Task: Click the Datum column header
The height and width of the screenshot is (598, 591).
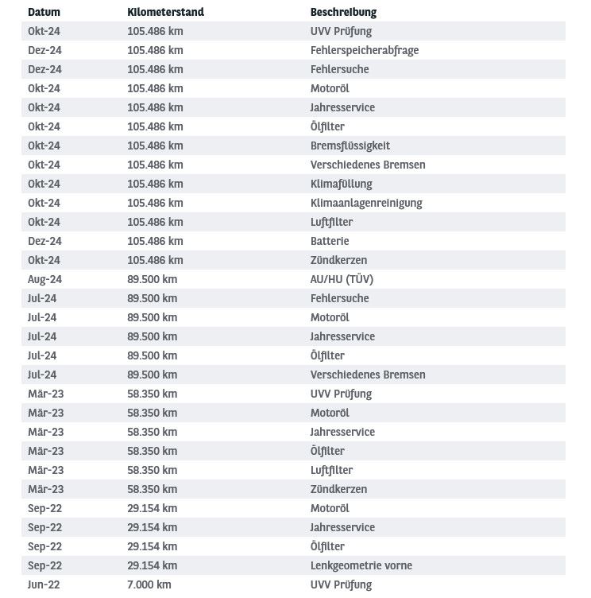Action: point(44,12)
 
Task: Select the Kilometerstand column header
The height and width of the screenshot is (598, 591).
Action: point(165,12)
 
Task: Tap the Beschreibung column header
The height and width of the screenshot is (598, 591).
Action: point(343,12)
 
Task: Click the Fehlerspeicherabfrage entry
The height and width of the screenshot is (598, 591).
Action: point(364,50)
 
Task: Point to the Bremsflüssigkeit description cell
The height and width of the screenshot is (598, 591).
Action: point(350,146)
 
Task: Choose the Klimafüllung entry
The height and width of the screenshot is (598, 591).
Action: point(341,184)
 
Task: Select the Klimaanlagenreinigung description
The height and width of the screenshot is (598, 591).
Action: point(366,203)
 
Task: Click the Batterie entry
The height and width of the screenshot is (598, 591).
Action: point(330,241)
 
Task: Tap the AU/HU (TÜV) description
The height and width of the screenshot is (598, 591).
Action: point(342,279)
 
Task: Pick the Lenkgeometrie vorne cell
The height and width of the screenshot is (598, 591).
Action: point(361,565)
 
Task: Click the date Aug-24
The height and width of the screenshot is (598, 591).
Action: point(44,279)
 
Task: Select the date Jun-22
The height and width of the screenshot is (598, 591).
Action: point(44,584)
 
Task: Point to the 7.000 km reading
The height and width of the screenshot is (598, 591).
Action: point(149,584)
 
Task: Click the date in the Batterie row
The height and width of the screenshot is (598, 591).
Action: point(44,241)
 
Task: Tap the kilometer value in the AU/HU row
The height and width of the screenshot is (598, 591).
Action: point(152,279)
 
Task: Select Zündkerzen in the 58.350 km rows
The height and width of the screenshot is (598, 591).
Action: point(338,489)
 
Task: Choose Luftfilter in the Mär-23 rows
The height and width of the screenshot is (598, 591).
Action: point(331,470)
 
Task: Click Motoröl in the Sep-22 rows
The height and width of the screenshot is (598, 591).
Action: point(330,508)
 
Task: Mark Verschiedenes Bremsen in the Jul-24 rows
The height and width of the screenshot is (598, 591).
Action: point(368,375)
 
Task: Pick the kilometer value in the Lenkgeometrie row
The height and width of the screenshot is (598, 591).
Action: point(152,565)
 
